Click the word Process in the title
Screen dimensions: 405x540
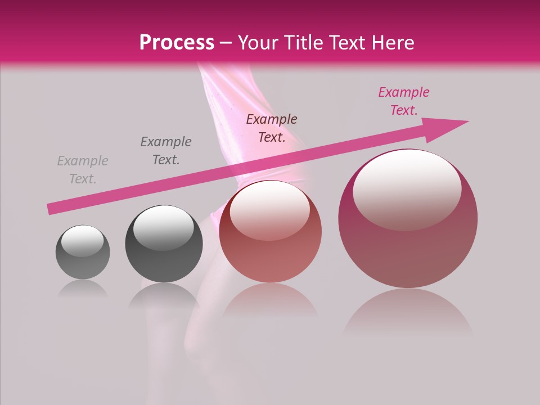tap(177, 43)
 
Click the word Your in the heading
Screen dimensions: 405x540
tap(258, 43)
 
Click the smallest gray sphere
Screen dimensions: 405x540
tap(83, 252)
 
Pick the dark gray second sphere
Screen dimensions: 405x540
tap(163, 244)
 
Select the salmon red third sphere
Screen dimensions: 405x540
tap(271, 232)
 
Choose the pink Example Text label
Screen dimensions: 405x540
tap(403, 101)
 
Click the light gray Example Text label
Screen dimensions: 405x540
tap(83, 170)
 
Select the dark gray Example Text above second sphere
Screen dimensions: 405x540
tap(166, 151)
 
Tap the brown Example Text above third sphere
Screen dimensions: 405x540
tap(272, 128)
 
